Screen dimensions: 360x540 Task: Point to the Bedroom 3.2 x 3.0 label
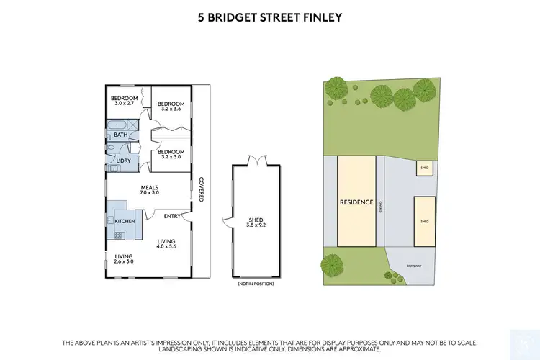click(x=171, y=154)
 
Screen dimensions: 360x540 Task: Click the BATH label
click(x=121, y=135)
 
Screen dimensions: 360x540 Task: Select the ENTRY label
click(x=172, y=215)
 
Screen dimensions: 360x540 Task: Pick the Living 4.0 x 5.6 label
click(x=166, y=243)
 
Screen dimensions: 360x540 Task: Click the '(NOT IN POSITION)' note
click(x=255, y=284)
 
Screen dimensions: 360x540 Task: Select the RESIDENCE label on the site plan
click(x=356, y=202)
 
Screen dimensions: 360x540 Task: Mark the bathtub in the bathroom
click(x=117, y=125)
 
